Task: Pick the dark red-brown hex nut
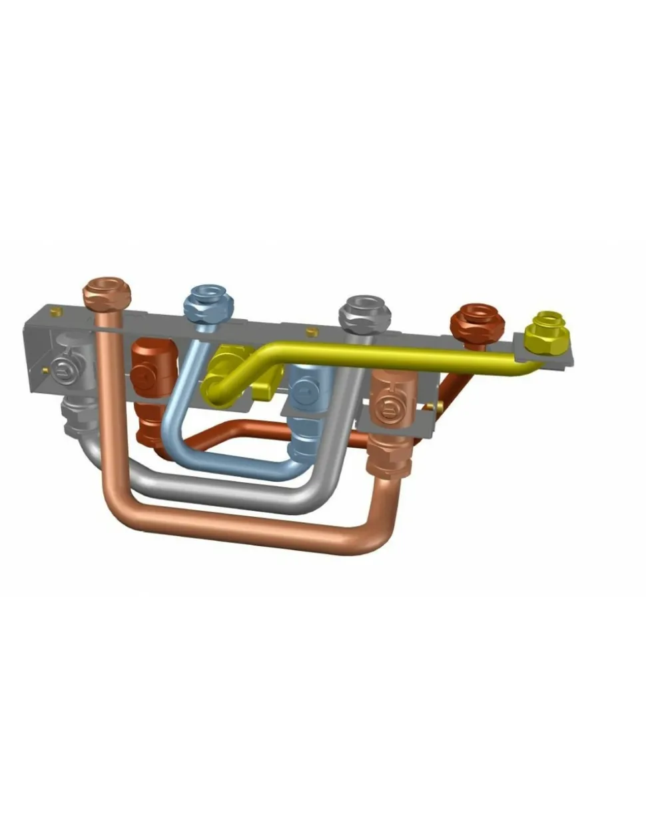tap(477, 321)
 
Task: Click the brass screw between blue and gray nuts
tap(310, 331)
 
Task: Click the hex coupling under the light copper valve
tap(389, 457)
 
